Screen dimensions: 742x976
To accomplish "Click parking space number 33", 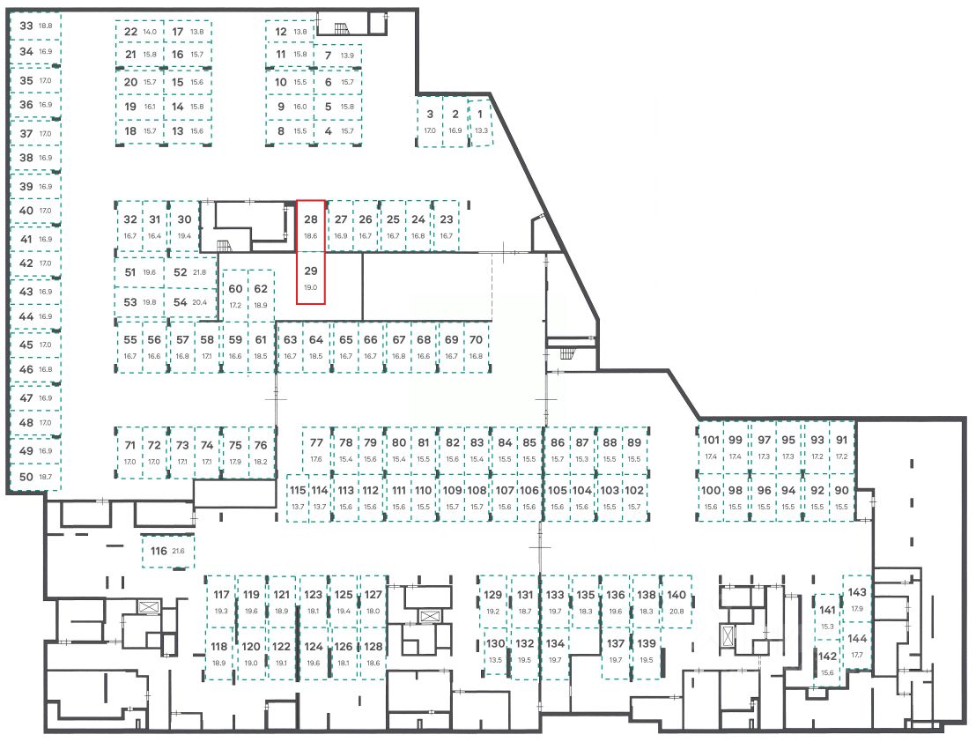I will (x=35, y=26).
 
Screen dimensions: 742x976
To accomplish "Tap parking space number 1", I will (x=480, y=121).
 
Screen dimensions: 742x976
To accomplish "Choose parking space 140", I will (x=677, y=602).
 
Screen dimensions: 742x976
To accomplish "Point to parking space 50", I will (x=35, y=476).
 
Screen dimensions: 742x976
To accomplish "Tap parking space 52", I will (x=189, y=272).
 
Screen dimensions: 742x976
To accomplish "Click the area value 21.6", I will (x=179, y=552).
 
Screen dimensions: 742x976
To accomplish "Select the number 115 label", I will (x=298, y=490).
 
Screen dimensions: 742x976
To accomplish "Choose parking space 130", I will (x=496, y=650).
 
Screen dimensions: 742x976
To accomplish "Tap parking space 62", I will (x=261, y=295).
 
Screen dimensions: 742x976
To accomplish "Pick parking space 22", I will (x=139, y=32).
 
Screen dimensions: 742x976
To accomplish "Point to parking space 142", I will (x=827, y=663).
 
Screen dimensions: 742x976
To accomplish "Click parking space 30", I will (x=184, y=226).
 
